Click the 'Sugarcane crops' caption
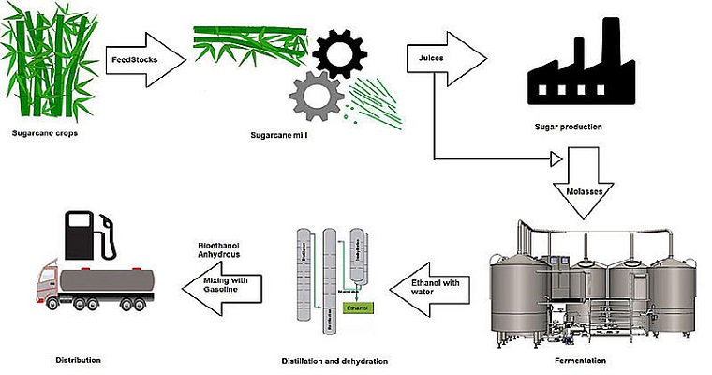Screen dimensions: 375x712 click(x=42, y=134)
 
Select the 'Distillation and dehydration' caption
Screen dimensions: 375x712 click(x=334, y=360)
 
